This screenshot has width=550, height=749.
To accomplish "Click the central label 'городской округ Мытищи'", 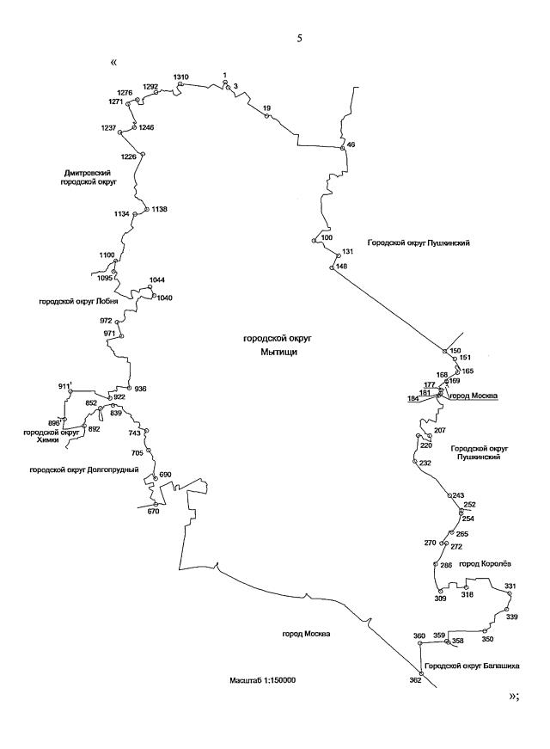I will click(x=271, y=346).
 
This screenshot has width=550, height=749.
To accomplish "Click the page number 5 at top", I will click(x=299, y=37).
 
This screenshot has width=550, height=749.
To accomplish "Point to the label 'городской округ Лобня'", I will click(x=77, y=302).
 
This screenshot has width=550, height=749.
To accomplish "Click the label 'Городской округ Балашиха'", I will click(x=464, y=666).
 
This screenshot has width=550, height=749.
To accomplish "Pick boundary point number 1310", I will click(x=180, y=84).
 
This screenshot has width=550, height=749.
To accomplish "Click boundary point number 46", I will click(x=343, y=147).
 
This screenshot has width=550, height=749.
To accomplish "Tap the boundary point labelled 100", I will click(x=315, y=242).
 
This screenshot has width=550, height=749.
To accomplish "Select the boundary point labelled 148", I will click(x=332, y=268).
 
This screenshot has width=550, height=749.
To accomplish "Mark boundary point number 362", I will click(x=420, y=672).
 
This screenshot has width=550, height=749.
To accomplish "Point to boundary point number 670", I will click(x=156, y=504).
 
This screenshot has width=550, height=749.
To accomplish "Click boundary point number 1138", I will click(x=147, y=209).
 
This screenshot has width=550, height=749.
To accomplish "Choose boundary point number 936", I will click(x=128, y=388).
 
